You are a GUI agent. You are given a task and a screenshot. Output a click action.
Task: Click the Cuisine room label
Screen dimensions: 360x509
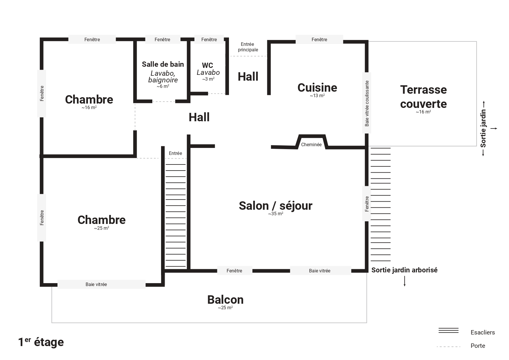point(317,88)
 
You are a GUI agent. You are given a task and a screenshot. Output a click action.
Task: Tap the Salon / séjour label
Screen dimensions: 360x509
point(275,206)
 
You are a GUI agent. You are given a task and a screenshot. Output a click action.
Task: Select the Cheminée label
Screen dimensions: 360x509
point(311,144)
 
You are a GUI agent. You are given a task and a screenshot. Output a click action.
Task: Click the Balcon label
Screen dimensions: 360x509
point(225,300)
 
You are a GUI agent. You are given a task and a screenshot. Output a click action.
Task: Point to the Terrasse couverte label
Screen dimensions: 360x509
point(423,97)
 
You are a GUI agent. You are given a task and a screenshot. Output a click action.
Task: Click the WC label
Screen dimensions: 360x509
point(207,66)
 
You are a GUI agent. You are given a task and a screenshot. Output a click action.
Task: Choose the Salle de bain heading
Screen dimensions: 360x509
point(163,64)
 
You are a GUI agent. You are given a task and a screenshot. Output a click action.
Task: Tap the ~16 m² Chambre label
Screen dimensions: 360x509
point(89,100)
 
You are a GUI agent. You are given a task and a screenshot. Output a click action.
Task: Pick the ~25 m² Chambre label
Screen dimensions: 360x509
point(102,220)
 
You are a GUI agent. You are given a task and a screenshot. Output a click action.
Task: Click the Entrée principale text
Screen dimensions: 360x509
point(248,47)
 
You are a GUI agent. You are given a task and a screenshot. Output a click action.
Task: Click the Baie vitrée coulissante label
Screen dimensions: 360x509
point(367,103)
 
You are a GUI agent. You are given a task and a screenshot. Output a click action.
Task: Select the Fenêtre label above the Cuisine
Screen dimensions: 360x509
point(319,39)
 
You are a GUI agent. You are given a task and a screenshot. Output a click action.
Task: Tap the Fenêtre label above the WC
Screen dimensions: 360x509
point(209,39)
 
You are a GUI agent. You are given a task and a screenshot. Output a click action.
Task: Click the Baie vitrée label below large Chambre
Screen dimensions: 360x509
point(96,284)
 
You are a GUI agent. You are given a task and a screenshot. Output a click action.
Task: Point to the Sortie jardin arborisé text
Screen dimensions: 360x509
point(404,270)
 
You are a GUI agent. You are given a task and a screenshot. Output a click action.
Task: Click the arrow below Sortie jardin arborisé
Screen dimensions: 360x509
point(405,281)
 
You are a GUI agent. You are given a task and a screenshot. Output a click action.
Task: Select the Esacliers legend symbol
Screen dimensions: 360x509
point(448,330)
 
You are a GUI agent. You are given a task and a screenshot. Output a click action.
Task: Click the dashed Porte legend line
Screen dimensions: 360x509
point(448,346)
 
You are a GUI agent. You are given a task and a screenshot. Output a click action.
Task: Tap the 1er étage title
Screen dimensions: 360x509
point(41,342)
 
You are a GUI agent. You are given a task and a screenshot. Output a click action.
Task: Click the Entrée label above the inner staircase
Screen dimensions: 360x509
point(175,153)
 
